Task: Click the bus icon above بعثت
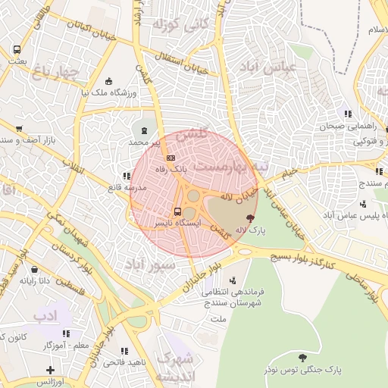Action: tap(17, 50)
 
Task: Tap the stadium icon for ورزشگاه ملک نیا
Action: tap(108, 82)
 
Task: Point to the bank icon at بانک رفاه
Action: tap(171, 158)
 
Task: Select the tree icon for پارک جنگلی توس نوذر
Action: tap(303, 358)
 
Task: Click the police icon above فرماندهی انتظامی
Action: tap(242, 279)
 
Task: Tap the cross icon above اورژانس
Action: tap(50, 371)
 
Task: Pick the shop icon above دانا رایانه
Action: tap(35, 268)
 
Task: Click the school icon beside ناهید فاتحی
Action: tap(125, 351)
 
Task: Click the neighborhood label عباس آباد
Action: tap(275, 68)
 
